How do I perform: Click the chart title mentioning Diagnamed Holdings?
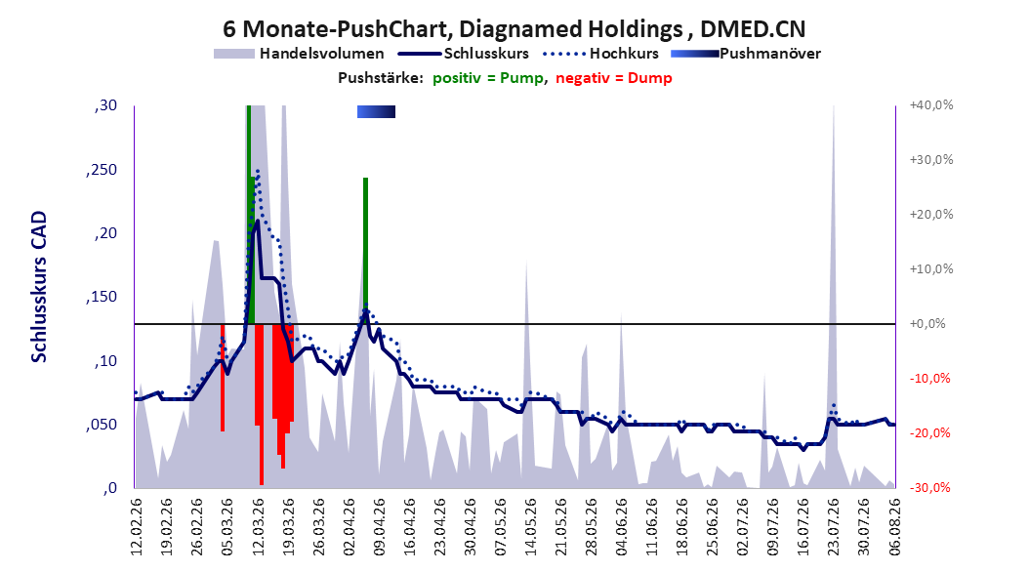(514, 29)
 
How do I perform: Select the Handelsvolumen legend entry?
(300, 54)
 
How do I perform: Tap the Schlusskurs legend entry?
(464, 54)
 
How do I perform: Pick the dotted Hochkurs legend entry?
(600, 54)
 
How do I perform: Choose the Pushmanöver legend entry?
(746, 54)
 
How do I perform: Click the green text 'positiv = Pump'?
(487, 78)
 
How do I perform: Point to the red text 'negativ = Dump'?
(614, 78)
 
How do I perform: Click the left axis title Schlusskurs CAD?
(39, 287)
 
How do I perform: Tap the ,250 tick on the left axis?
(102, 170)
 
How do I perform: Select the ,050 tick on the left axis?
(102, 425)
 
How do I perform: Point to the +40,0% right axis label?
(931, 105)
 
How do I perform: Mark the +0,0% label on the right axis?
(927, 323)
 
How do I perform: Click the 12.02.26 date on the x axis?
(137, 527)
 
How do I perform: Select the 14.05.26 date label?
(530, 527)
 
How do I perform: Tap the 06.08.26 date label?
(894, 527)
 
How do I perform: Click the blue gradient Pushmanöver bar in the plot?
(376, 112)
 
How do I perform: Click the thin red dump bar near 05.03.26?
(223, 377)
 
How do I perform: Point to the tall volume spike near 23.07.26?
(833, 295)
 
